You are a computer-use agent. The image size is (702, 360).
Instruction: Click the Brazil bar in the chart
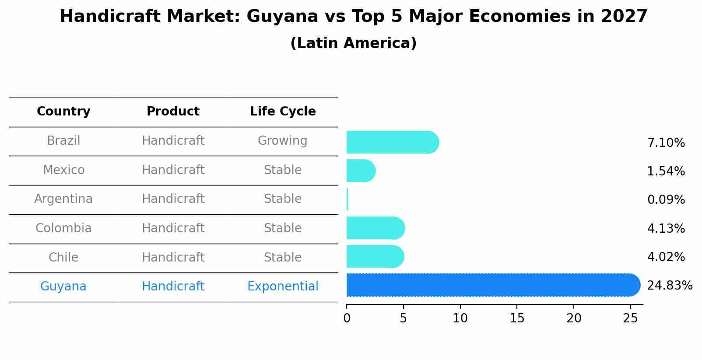tap(392, 142)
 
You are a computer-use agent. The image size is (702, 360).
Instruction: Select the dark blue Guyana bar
tap(492, 285)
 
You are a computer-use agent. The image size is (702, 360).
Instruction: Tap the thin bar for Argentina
tap(347, 199)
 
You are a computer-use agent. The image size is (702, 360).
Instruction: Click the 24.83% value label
tap(669, 286)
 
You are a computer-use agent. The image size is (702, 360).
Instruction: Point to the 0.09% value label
tap(666, 200)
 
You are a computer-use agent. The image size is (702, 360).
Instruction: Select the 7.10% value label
tap(666, 143)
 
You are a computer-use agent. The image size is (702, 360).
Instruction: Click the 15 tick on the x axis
tap(517, 318)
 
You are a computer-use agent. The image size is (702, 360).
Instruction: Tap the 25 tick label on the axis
tap(630, 318)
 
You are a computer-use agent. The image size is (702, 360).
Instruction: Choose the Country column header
tap(63, 112)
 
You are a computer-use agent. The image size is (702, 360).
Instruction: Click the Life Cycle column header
tap(283, 112)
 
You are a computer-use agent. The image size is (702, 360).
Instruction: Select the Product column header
tap(173, 112)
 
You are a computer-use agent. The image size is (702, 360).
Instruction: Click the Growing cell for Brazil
tap(282, 141)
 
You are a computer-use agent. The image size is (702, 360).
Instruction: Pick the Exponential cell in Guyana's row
tap(283, 287)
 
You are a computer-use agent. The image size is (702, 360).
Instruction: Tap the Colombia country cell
tap(63, 228)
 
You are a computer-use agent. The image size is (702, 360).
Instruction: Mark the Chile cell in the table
tap(63, 257)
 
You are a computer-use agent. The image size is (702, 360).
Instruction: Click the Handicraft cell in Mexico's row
tap(173, 170)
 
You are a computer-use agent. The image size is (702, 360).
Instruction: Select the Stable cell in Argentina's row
tap(282, 199)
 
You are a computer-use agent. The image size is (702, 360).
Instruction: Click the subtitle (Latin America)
tap(353, 43)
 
